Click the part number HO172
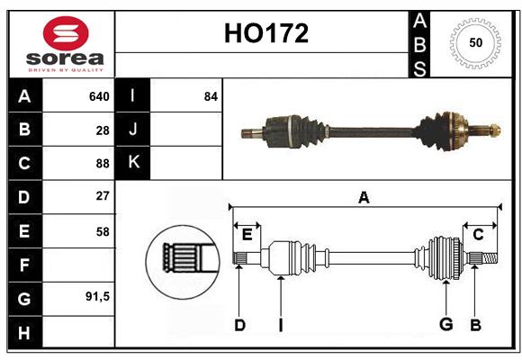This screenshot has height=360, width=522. click(266, 33)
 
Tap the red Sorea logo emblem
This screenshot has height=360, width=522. click(66, 33)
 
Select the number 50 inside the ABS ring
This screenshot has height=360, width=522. click(476, 42)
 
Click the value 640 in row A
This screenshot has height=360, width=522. click(99, 96)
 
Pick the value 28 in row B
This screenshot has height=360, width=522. click(103, 130)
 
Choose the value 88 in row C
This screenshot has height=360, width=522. click(103, 164)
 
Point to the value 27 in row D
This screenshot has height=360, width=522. click(103, 196)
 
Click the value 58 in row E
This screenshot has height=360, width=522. click(103, 231)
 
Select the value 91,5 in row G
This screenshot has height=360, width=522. click(97, 296)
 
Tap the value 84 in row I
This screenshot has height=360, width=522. click(211, 96)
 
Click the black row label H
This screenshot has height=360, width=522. click(25, 332)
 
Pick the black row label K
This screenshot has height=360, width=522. click(132, 163)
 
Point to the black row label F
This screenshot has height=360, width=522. click(25, 265)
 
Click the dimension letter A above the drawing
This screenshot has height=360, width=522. click(364, 197)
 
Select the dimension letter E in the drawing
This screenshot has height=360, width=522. click(247, 235)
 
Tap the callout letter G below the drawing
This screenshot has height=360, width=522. click(446, 324)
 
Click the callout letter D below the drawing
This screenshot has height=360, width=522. click(239, 325)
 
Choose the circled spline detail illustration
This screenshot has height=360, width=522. click(183, 262)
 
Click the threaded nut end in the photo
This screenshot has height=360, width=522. click(495, 130)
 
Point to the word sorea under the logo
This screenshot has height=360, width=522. click(65, 58)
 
